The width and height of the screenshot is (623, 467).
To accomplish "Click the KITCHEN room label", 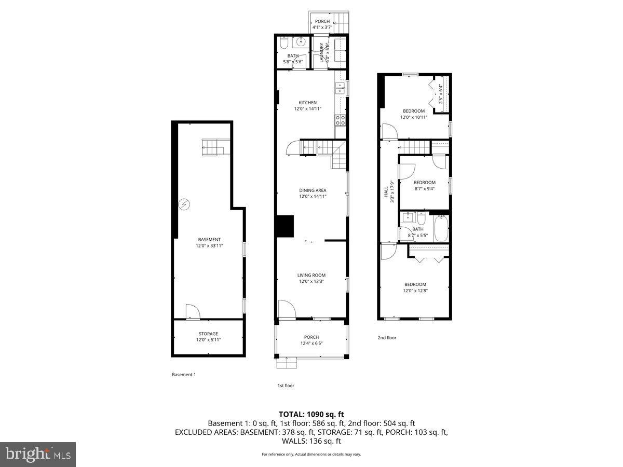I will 307,103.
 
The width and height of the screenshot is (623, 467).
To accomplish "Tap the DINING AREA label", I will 313,190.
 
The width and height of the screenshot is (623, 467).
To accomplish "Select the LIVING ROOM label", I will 311,276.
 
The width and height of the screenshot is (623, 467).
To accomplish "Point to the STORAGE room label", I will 208,334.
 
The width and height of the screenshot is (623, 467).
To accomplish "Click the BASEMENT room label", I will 209,240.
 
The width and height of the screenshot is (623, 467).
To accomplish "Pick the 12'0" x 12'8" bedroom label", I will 415,284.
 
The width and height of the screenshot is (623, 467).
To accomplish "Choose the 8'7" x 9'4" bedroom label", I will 424,183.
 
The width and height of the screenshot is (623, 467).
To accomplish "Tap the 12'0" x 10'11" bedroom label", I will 414,111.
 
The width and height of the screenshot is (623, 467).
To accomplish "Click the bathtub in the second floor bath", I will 441,229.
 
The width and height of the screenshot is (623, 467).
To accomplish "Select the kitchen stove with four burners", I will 341,120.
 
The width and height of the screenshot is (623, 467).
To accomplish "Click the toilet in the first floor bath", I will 285,43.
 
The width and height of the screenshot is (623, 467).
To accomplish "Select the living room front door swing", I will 286,309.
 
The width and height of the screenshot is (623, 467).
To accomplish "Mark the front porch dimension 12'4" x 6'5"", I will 311,343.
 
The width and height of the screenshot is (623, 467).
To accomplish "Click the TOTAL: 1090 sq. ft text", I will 311,415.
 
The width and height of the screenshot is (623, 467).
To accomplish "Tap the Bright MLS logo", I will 38,455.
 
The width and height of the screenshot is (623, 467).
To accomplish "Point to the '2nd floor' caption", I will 387,338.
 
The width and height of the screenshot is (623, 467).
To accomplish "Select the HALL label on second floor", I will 386,192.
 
